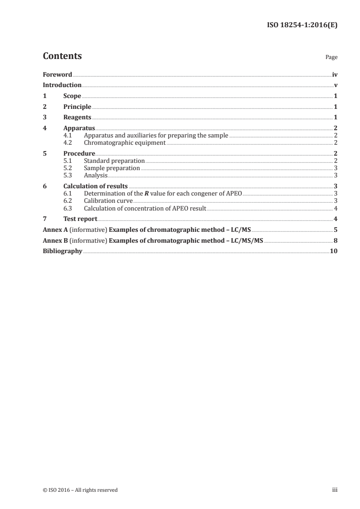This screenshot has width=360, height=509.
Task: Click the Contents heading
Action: [62, 56]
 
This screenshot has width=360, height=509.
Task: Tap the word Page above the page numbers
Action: [331, 58]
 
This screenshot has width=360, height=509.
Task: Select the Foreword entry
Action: [57, 74]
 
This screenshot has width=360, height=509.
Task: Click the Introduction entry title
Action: [62, 85]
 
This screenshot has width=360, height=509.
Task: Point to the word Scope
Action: [72, 96]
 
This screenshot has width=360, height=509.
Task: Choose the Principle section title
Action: [77, 107]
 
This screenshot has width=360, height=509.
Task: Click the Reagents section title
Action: [77, 117]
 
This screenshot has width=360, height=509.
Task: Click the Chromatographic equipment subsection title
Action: [125, 142]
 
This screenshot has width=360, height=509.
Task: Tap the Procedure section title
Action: [79, 154]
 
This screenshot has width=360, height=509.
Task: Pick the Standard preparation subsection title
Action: [114, 161]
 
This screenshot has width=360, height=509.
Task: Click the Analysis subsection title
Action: [96, 175]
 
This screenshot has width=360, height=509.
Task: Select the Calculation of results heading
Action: [95, 186]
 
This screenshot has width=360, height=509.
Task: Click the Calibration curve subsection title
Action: [108, 201]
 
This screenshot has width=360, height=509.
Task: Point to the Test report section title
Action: [80, 219]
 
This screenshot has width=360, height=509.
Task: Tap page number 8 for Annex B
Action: [335, 240]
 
